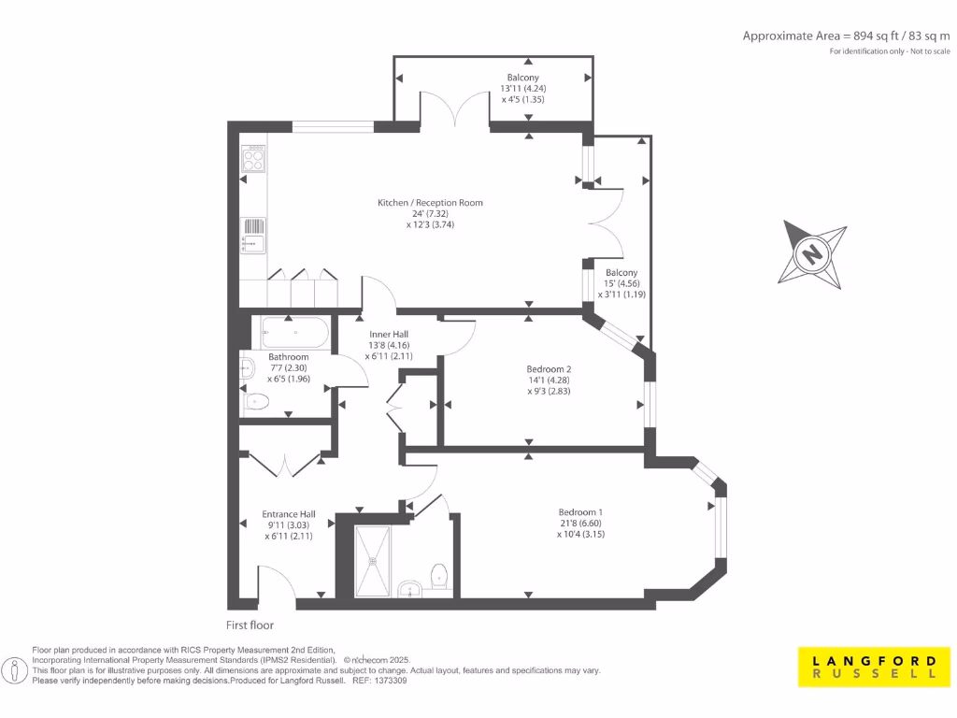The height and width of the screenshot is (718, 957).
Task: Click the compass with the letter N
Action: [813, 253]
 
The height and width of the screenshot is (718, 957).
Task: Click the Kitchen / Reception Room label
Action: [430, 203]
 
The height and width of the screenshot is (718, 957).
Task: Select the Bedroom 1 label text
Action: [580, 511]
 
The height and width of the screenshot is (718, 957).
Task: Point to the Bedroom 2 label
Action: [548, 368]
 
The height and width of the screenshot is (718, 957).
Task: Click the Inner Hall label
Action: [388, 334]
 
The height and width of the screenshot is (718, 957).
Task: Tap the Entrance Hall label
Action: [288, 514]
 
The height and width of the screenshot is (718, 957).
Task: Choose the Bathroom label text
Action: [288, 357]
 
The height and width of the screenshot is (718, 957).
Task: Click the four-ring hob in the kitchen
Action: [253, 160]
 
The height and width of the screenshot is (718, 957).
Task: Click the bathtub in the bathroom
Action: [293, 331]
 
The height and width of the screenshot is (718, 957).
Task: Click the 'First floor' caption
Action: [250, 625]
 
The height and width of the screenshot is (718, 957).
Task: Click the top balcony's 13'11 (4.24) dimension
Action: [522, 88]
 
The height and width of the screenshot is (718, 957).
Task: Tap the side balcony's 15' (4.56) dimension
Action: [621, 283]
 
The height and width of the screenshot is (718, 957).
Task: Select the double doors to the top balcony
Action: [455, 108]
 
